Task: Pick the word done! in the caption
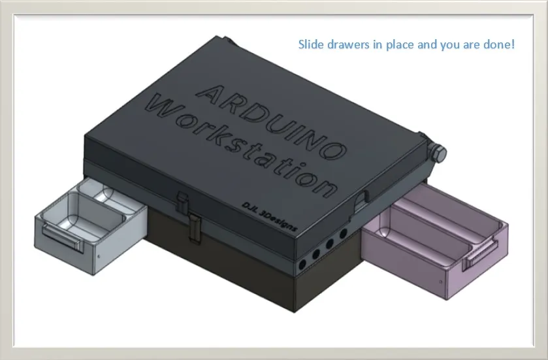click(500, 45)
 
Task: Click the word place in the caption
click(397, 45)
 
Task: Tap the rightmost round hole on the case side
click(342, 233)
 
